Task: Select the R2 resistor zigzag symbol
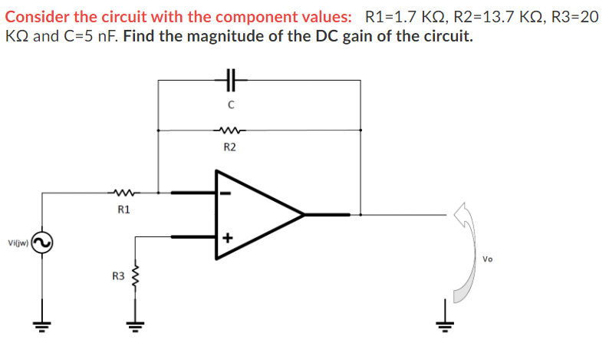pos(230,130)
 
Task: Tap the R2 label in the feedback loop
pos(230,147)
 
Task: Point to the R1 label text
pos(123,209)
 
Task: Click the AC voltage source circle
pos(41,244)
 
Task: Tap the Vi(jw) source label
pos(18,243)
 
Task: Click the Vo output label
pos(489,259)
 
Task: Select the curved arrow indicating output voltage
pos(470,253)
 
